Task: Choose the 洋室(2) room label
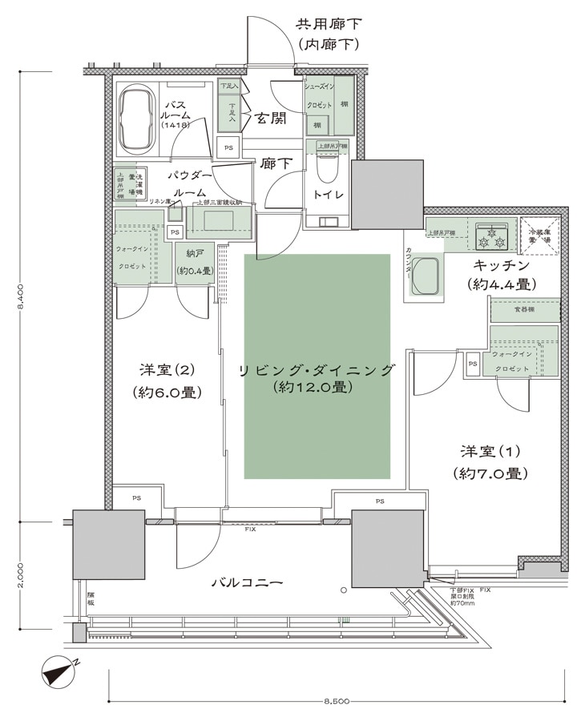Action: (x=167, y=370)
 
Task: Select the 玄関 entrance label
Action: (x=270, y=119)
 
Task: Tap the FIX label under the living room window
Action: (x=251, y=530)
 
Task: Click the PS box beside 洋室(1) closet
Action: (x=473, y=363)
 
